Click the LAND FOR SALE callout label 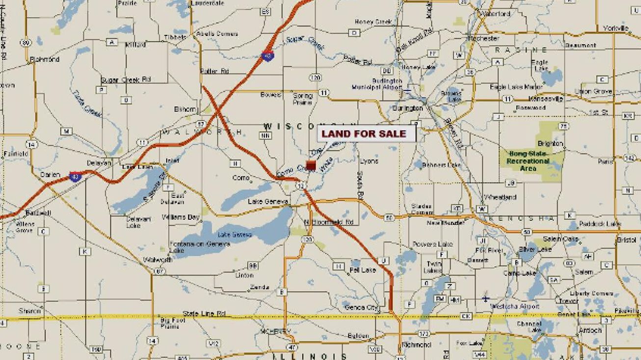[x=364, y=133]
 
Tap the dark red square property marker [x=311, y=165]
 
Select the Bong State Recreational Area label [x=528, y=160]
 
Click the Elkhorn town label [x=185, y=109]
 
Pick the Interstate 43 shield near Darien [x=75, y=177]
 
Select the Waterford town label [x=496, y=14]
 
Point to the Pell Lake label [x=362, y=270]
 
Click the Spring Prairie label [x=302, y=99]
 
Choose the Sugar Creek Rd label [x=126, y=79]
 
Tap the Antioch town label [x=589, y=330]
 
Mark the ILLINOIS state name [x=310, y=356]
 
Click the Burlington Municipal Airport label [x=376, y=84]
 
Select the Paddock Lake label [x=600, y=224]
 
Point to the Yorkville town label [x=615, y=28]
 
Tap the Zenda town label [x=260, y=287]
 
